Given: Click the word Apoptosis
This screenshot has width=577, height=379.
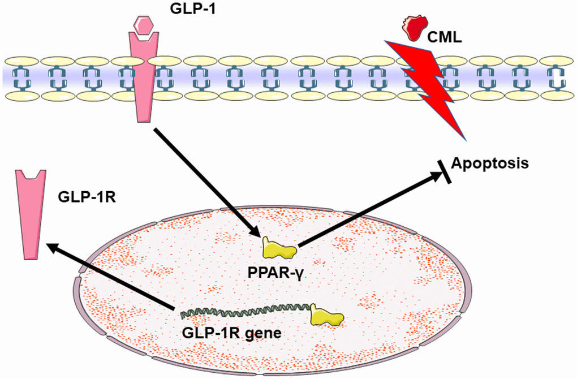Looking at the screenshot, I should tap(490, 164).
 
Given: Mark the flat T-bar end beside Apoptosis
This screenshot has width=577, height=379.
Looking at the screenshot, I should tap(445, 170).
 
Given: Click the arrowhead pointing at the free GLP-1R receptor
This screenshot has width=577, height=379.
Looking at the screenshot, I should tap(51, 247).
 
